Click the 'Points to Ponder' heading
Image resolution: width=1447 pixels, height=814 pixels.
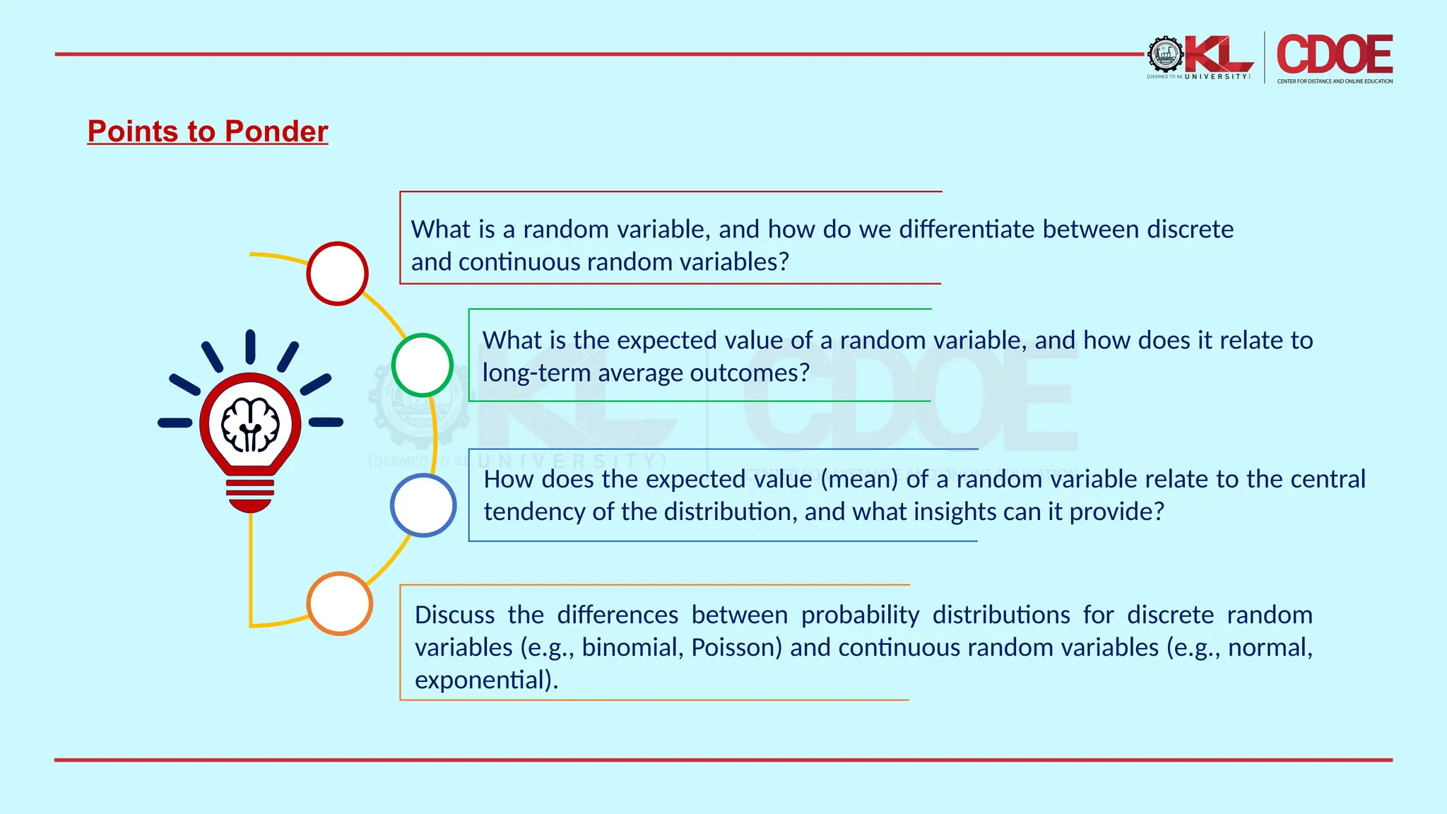tap(208, 131)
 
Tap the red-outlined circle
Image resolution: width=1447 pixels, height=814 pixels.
tap(338, 273)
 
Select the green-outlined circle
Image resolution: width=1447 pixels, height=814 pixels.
tap(423, 365)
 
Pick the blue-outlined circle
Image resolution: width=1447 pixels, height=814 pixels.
tap(423, 505)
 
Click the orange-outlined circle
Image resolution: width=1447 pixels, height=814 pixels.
tap(340, 603)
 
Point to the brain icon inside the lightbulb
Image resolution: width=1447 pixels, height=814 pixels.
tap(250, 425)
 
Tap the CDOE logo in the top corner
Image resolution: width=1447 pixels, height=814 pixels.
tap(1335, 54)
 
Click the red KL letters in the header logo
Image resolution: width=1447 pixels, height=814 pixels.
tap(1218, 54)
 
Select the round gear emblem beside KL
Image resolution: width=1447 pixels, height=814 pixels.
tap(1165, 54)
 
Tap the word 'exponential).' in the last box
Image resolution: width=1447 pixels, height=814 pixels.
tap(486, 680)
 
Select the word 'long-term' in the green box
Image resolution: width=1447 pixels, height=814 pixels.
tap(536, 373)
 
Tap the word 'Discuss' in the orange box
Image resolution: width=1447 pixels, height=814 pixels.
tap(454, 615)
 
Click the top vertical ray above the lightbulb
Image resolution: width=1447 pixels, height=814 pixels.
tap(250, 346)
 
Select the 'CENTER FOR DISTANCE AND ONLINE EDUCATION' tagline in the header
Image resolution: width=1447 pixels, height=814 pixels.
tap(1335, 81)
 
